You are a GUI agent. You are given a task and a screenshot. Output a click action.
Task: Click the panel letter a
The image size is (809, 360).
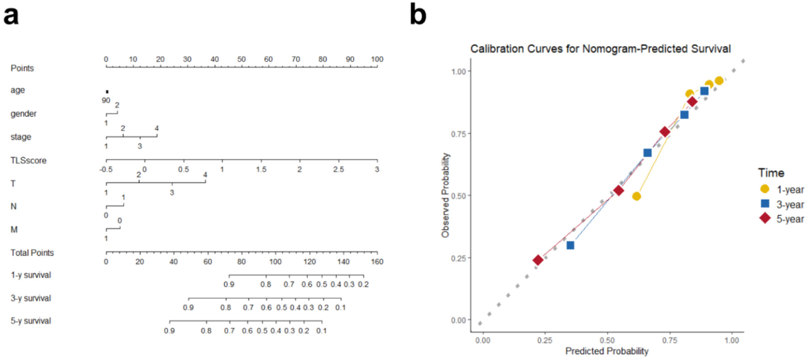point(11,15)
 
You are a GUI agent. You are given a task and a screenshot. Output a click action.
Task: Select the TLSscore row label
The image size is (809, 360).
point(28,161)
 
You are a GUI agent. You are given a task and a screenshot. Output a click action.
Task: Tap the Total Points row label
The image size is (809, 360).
point(32,253)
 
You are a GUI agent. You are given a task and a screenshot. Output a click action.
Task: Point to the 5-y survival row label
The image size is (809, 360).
point(31,321)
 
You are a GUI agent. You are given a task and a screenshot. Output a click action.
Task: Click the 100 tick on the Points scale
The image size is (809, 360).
point(377,59)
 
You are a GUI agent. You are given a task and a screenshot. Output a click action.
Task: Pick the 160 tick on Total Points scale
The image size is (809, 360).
point(377,261)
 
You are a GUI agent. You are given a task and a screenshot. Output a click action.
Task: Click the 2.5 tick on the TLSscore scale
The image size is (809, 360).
point(338,169)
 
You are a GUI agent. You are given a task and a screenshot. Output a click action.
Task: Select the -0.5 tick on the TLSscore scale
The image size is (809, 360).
point(106,169)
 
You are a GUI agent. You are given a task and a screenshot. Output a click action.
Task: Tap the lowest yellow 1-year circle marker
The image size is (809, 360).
point(636,196)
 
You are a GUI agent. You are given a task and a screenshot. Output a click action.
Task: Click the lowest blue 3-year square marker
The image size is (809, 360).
point(570,245)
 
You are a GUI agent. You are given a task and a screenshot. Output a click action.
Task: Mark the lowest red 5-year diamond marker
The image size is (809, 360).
point(538,260)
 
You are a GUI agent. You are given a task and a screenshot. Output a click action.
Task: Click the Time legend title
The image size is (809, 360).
point(771,173)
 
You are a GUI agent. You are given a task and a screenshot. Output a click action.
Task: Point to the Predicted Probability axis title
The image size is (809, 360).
point(607,351)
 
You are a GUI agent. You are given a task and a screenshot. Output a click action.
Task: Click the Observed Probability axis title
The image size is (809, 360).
point(445,195)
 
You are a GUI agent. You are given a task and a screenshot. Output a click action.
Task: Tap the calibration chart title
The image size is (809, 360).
point(600,49)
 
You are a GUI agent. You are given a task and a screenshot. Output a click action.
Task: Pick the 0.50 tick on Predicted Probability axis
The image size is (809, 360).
point(607,340)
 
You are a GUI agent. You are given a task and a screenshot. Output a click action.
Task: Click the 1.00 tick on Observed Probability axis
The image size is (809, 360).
point(458,72)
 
